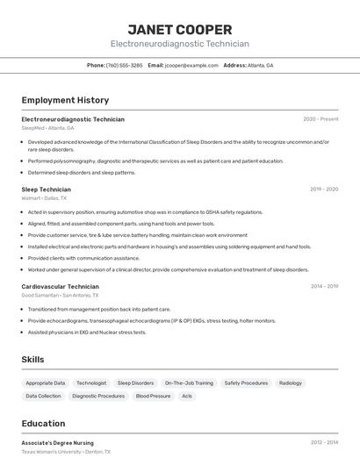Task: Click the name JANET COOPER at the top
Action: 179,30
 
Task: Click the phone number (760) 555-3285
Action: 124,65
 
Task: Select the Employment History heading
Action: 65,100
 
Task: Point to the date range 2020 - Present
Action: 320,119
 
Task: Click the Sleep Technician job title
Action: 46,189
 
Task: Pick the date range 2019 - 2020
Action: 324,189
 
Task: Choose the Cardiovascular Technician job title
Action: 60,286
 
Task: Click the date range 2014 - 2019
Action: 324,286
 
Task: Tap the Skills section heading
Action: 32,360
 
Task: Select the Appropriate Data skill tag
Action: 46,383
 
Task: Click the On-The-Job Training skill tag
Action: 189,383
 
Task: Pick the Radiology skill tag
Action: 290,383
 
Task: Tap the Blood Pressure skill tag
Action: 153,397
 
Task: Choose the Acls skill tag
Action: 187,397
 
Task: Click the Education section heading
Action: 43,424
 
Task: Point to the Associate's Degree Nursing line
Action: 57,443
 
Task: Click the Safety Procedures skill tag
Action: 246,383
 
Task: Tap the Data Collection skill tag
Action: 43,397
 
